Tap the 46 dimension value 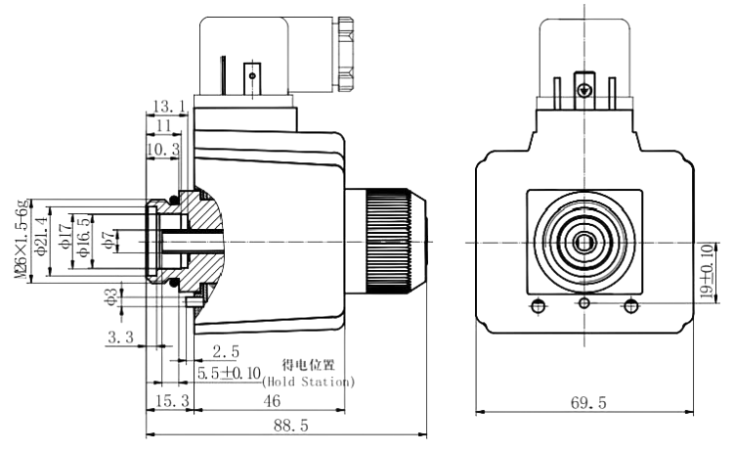273,401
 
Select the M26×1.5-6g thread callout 22,241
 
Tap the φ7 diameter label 109,241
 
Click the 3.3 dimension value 122,339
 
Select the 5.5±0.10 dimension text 232,373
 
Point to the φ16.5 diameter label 84,241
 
